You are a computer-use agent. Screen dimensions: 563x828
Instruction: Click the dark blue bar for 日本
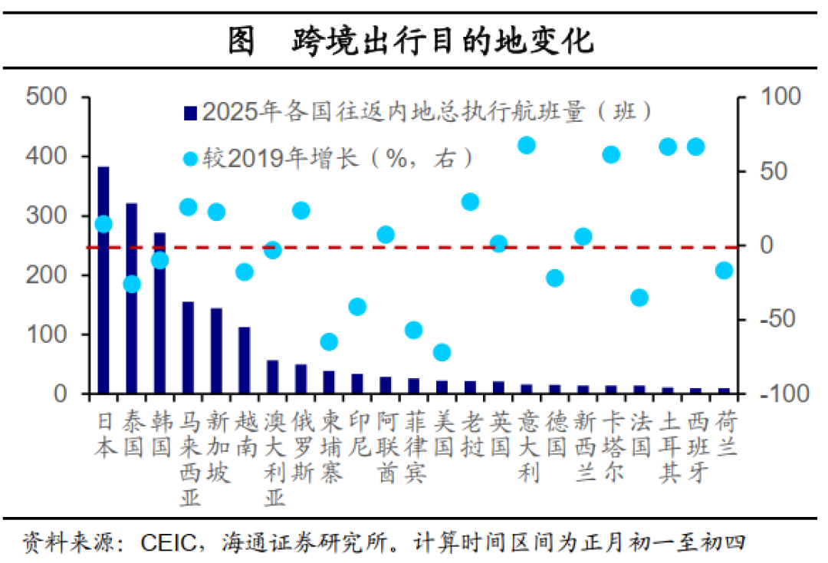pos(103,280)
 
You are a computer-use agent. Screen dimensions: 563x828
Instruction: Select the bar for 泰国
pos(132,299)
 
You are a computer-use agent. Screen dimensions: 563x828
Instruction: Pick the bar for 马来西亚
pos(188,347)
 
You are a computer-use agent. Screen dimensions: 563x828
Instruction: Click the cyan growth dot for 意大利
pos(527,146)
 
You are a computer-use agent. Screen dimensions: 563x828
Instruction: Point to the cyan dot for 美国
pos(442,352)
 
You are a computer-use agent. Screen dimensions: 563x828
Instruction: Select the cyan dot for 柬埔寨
pos(329,341)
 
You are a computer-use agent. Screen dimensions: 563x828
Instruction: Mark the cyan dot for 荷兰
pos(724,270)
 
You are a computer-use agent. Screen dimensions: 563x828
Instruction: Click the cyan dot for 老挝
pos(470,202)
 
